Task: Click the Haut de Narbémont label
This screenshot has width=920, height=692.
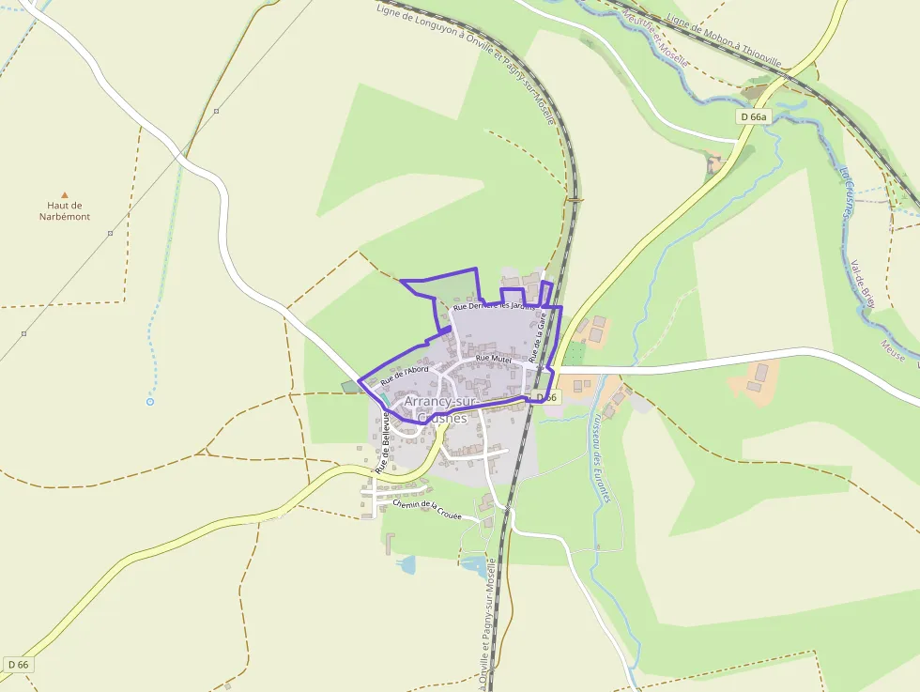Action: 65,210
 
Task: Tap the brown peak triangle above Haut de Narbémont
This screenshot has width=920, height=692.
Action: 65,194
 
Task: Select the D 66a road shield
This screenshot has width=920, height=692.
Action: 753,116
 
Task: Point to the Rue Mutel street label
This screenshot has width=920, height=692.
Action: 493,359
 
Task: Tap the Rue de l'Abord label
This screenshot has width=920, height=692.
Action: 405,375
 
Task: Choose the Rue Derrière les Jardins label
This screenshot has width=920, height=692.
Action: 494,305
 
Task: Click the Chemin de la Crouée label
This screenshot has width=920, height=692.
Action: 427,511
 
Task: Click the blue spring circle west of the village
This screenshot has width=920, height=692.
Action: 149,402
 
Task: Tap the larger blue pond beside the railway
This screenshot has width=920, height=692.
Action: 474,565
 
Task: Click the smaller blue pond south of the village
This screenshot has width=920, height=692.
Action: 407,564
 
